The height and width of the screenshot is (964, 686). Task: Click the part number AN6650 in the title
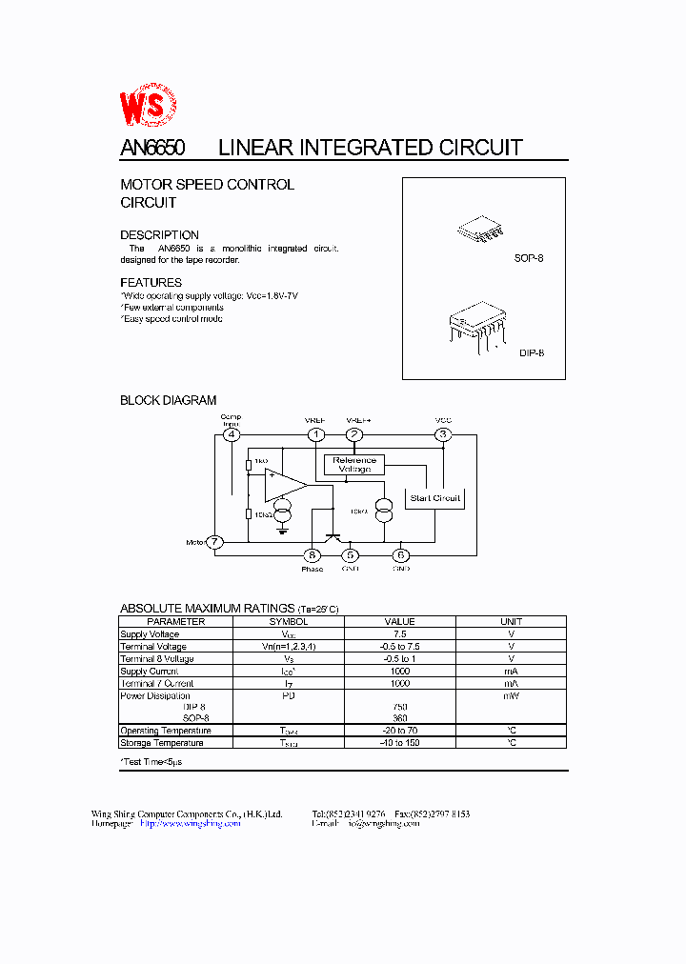(152, 148)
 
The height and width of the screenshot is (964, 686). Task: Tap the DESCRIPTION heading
(159, 235)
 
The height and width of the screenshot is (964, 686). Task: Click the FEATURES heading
(151, 283)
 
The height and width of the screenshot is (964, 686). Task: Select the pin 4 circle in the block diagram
(231, 434)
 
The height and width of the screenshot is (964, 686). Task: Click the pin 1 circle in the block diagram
(315, 434)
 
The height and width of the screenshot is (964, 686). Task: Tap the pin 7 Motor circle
(216, 542)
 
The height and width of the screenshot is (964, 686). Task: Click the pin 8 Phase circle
(312, 555)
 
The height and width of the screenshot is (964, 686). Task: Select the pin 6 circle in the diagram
(401, 555)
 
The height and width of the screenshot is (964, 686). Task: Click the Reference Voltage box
(354, 465)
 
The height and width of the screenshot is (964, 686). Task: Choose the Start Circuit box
(434, 498)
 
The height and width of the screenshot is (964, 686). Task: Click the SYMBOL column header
(289, 621)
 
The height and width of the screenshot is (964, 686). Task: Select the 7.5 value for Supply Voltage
(399, 633)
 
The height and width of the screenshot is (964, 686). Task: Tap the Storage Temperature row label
(162, 743)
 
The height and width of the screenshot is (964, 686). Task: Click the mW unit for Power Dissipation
(511, 695)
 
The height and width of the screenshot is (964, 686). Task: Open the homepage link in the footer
(190, 824)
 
